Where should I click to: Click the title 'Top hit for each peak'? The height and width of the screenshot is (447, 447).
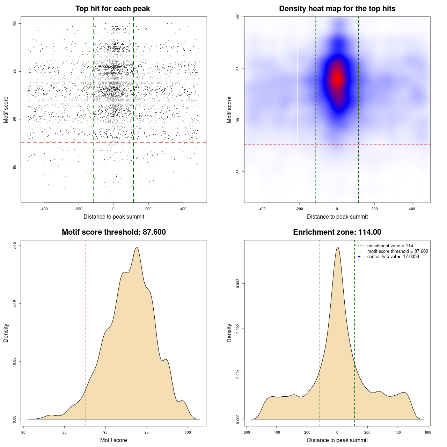pyautogui.click(x=113, y=9)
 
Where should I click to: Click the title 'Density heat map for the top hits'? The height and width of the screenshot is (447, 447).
pyautogui.click(x=337, y=9)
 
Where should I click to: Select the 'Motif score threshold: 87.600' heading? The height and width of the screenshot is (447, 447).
pyautogui.click(x=113, y=232)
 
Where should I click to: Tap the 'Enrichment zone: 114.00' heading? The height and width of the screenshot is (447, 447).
pyautogui.click(x=337, y=232)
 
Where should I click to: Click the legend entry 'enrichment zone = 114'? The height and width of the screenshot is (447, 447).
pyautogui.click(x=390, y=246)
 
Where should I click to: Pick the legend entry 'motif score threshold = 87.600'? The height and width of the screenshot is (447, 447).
pyautogui.click(x=397, y=251)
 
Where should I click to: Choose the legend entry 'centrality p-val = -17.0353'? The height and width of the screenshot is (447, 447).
pyautogui.click(x=393, y=257)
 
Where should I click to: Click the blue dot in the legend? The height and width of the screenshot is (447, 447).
pyautogui.click(x=359, y=257)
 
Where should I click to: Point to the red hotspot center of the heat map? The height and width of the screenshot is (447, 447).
pyautogui.click(x=337, y=79)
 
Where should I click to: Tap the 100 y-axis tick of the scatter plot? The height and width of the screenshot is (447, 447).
pyautogui.click(x=15, y=23)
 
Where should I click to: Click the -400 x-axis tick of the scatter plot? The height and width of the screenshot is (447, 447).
pyautogui.click(x=44, y=209)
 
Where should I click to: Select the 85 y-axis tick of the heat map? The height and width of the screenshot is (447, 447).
pyautogui.click(x=238, y=171)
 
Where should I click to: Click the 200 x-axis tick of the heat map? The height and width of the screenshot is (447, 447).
pyautogui.click(x=374, y=209)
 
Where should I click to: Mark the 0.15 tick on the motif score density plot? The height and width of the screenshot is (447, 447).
pyautogui.click(x=15, y=246)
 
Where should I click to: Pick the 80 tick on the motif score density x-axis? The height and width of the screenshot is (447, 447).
pyautogui.click(x=23, y=432)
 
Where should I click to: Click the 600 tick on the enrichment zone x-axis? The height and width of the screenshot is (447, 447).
pyautogui.click(x=428, y=432)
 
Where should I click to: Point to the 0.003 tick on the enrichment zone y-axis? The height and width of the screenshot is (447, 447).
pyautogui.click(x=238, y=284)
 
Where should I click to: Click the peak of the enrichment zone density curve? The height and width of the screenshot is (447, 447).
pyautogui.click(x=337, y=247)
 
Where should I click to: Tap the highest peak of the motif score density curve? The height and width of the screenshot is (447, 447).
pyautogui.click(x=137, y=247)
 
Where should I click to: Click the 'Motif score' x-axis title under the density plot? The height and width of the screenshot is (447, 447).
pyautogui.click(x=113, y=440)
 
